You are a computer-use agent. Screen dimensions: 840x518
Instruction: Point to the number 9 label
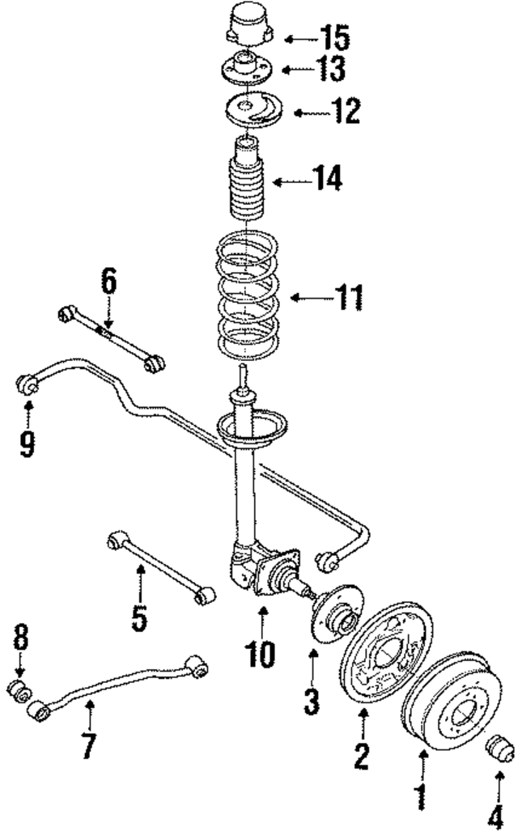click(x=28, y=441)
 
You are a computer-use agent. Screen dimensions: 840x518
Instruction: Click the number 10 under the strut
click(x=261, y=651)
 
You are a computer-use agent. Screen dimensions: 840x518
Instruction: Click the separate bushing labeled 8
click(x=19, y=693)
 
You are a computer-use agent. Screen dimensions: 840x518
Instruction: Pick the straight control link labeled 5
click(x=158, y=562)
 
